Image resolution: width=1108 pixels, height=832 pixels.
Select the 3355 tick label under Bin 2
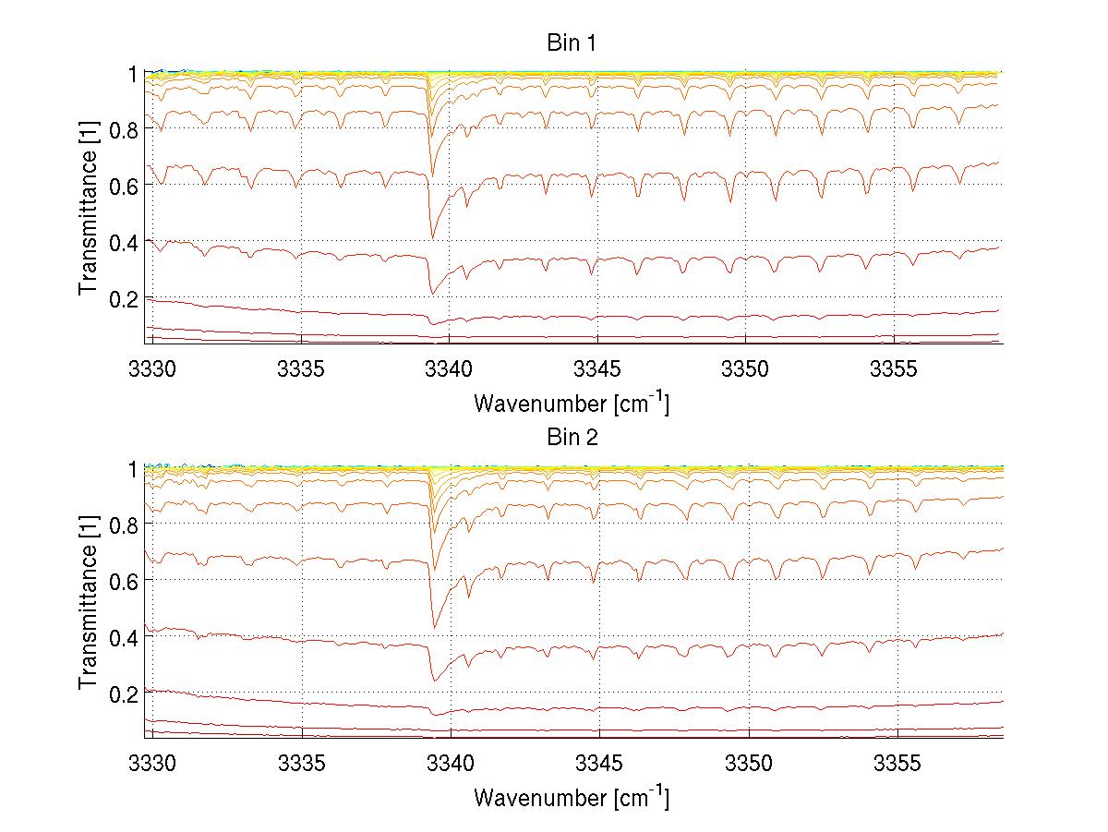tap(897, 763)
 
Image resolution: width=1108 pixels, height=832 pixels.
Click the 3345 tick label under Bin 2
tap(598, 763)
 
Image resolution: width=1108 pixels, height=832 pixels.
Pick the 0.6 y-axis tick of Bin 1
tap(124, 186)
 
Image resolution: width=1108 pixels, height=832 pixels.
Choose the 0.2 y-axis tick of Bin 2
tap(124, 693)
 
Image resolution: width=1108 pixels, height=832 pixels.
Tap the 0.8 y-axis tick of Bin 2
tap(124, 524)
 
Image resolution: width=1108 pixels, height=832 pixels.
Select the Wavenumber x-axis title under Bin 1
tap(572, 403)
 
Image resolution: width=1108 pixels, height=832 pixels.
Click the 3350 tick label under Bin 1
tap(747, 368)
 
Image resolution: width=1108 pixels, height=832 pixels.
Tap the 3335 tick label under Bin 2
tap(301, 763)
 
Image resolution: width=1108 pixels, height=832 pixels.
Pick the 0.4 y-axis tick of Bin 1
tap(124, 242)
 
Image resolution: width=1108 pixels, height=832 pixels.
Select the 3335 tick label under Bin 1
tap(301, 368)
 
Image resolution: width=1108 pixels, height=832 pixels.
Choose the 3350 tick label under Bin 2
tap(747, 763)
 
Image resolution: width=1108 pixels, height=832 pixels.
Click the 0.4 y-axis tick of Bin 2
tap(124, 637)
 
